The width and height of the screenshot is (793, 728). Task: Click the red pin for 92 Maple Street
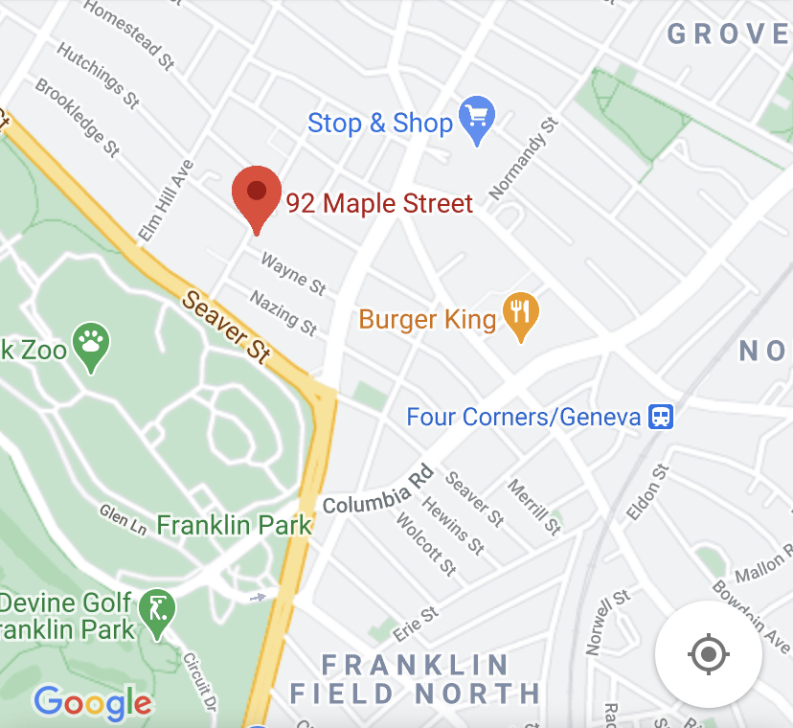(256, 192)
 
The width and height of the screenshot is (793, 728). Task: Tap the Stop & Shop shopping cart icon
(476, 119)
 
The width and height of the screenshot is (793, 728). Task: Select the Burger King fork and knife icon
(520, 314)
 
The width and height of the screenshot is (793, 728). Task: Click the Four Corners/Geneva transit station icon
(661, 418)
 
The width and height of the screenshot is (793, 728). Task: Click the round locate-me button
(708, 655)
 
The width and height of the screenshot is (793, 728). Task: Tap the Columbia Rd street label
(378, 490)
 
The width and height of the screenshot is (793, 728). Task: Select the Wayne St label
(294, 273)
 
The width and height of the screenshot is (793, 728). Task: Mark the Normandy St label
(523, 160)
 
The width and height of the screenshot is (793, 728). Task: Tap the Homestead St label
(129, 34)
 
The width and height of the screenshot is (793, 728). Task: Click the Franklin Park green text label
(235, 525)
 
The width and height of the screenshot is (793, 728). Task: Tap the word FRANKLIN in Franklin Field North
(415, 665)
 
